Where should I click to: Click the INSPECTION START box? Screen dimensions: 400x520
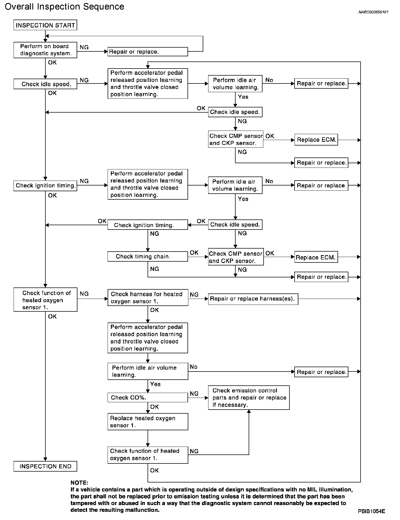click(45, 25)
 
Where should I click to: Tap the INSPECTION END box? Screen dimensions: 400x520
click(45, 466)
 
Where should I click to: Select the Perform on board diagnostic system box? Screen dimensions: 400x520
click(45, 50)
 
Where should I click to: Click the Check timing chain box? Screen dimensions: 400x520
click(148, 256)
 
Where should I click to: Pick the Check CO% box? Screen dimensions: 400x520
click(148, 398)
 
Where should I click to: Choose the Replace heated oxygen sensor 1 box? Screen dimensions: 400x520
click(148, 422)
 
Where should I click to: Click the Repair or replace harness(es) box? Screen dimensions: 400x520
click(253, 299)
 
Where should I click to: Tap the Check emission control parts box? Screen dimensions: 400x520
click(249, 398)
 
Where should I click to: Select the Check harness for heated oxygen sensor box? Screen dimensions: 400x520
click(148, 298)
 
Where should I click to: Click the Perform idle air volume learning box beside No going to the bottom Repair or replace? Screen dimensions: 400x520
click(148, 371)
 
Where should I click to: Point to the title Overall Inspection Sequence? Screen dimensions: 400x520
click(64, 7)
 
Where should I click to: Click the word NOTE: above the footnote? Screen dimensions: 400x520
click(79, 483)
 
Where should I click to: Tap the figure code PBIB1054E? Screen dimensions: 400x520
click(371, 511)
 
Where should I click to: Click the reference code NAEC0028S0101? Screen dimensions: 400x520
click(373, 12)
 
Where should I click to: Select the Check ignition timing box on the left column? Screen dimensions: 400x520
click(45, 186)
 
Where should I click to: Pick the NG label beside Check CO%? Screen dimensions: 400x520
click(194, 394)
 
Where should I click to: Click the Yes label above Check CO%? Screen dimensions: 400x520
click(155, 384)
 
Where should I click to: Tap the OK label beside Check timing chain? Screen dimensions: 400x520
click(194, 253)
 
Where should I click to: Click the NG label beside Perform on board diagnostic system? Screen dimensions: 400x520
click(84, 47)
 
